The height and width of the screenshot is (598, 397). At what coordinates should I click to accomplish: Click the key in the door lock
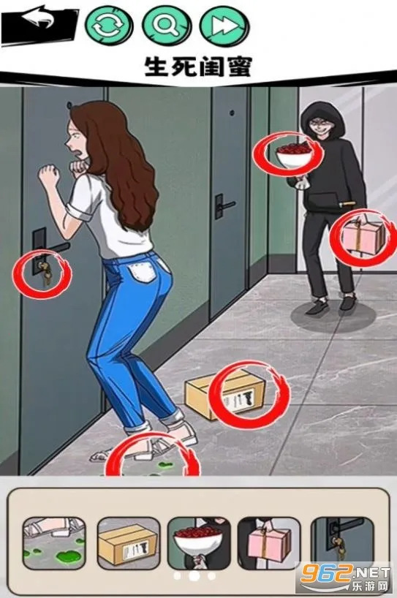pyautogui.click(x=43, y=272)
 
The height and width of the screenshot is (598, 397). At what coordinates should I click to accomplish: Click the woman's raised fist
pyautogui.click(x=49, y=176)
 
